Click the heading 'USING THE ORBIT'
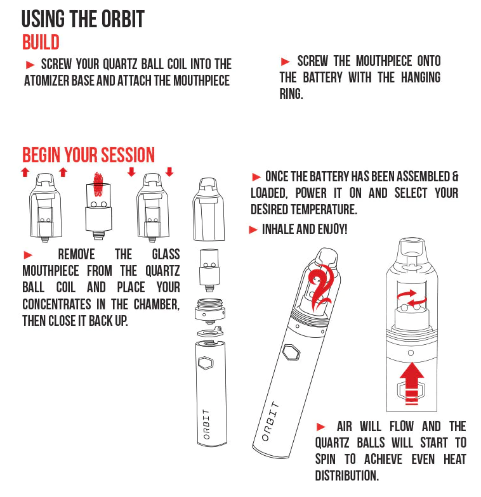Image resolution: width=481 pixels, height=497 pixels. (82, 19)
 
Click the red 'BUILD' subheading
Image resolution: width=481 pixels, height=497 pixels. (41, 42)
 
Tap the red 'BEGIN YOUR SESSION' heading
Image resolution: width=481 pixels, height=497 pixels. (88, 155)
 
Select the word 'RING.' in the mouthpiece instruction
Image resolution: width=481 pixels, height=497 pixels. (291, 94)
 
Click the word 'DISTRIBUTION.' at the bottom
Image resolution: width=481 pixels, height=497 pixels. (346, 475)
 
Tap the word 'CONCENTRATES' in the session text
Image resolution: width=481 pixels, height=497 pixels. (56, 304)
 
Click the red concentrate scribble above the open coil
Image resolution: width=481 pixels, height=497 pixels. (98, 184)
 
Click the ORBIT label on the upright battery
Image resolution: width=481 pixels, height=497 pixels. (207, 424)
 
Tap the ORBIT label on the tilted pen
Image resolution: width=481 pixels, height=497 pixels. (270, 422)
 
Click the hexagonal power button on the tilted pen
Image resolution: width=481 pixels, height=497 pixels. (291, 352)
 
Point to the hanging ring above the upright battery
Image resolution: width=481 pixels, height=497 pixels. (209, 332)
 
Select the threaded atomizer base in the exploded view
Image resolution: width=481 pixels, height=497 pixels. (209, 311)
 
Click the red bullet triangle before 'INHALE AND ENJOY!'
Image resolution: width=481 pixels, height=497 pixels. (253, 229)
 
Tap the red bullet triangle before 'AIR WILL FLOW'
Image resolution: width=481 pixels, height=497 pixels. (321, 427)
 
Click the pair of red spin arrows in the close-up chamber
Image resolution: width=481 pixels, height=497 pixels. (411, 298)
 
